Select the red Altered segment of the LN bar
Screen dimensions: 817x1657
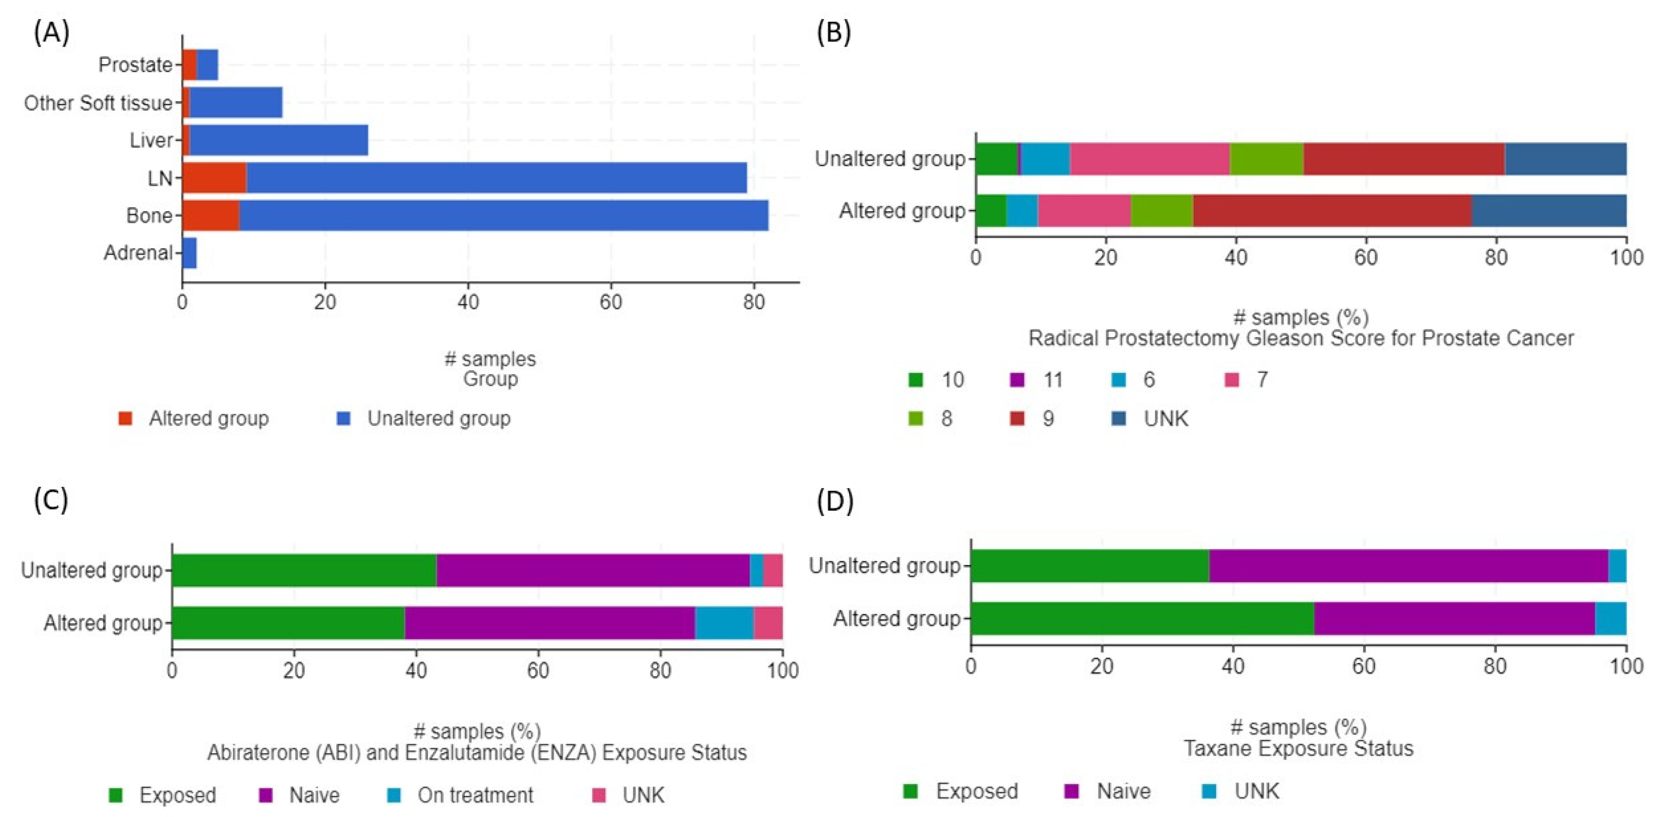coord(214,178)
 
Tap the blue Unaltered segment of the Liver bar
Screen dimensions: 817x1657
coord(278,140)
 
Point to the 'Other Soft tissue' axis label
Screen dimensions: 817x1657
coord(98,103)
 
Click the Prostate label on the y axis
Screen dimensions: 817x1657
coord(135,65)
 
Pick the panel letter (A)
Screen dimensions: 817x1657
coord(51,32)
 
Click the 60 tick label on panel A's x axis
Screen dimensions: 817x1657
coord(610,302)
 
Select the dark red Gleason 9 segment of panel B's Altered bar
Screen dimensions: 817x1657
coord(1332,210)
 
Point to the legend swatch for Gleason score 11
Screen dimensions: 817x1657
coord(1017,380)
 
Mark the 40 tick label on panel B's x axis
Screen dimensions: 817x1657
coord(1235,258)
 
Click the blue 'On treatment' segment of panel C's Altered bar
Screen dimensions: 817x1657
coord(724,623)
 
